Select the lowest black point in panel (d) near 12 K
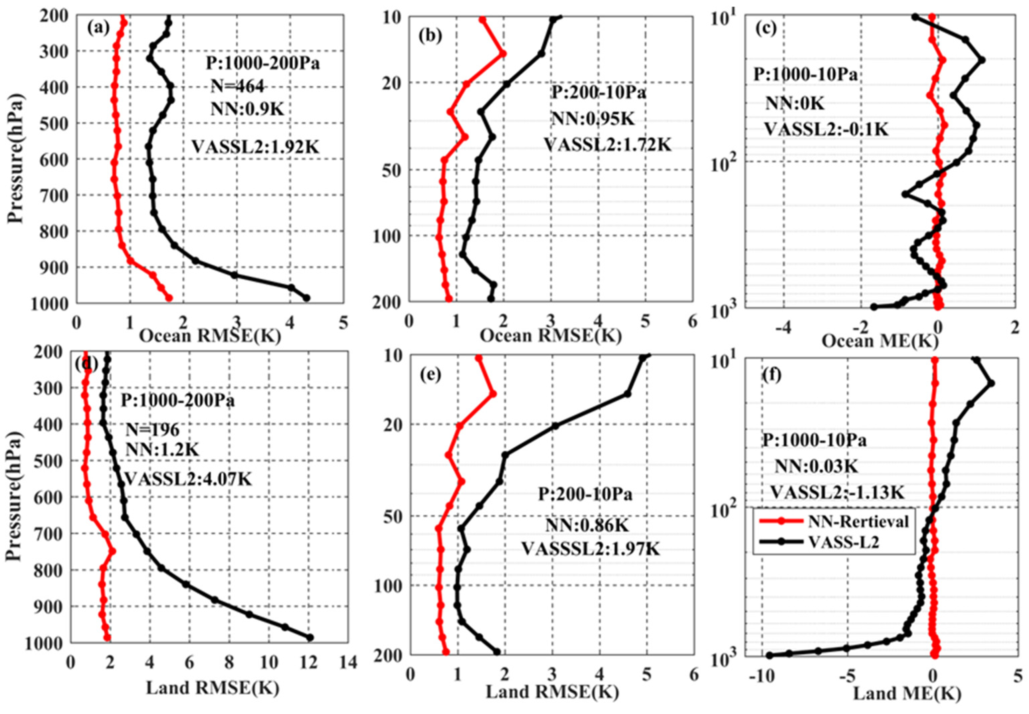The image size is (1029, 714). tap(309, 637)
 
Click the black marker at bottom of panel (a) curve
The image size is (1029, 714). tap(306, 297)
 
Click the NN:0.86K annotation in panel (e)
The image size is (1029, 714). tap(586, 526)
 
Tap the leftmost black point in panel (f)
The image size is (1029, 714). tap(769, 655)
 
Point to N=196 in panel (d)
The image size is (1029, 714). tap(152, 430)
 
